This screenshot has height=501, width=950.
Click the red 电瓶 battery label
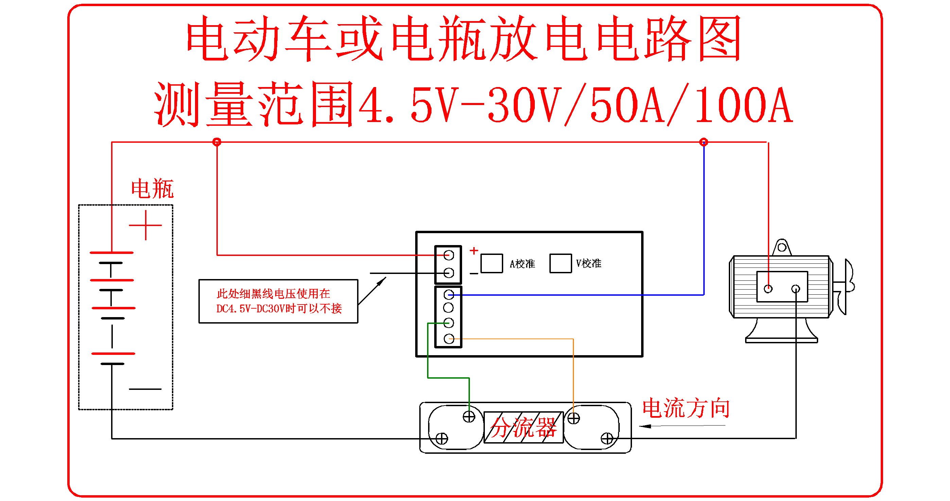point(152,189)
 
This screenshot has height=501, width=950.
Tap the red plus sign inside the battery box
point(146,225)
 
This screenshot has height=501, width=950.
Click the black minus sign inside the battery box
point(145,389)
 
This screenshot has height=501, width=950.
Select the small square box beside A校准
point(492,263)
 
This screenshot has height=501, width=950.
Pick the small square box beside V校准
point(561,263)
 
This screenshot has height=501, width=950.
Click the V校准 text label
point(588,263)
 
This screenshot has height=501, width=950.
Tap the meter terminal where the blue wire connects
point(449,294)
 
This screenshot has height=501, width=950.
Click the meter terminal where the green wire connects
point(449,323)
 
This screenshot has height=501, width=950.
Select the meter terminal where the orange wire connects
point(449,339)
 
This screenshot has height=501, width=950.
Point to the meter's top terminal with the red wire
point(449,255)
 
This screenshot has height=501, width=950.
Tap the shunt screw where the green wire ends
point(469,417)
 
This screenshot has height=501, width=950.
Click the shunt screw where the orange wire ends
point(574,418)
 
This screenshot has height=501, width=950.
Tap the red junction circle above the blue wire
point(704,142)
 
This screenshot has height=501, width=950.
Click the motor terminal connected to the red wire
point(768,289)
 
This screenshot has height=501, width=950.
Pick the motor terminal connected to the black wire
point(796,289)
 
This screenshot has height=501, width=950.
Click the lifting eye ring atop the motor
point(782,247)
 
